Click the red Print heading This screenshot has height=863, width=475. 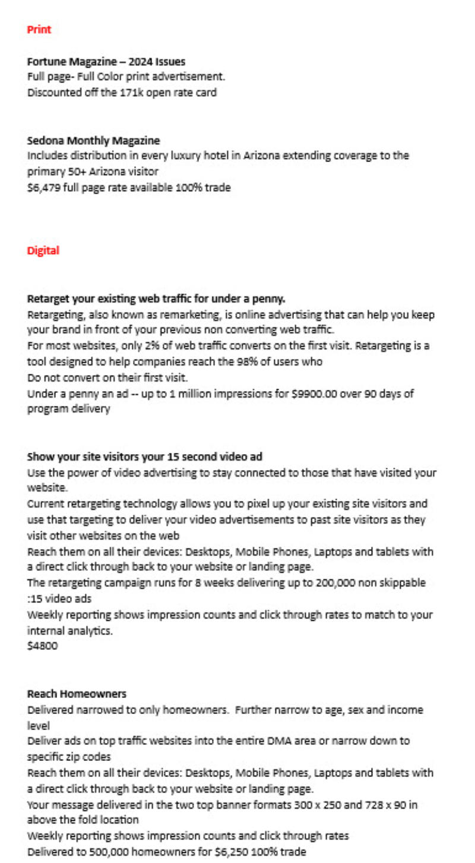coord(39,30)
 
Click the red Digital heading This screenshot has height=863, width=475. coord(43,250)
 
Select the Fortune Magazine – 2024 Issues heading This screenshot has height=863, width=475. coord(106,61)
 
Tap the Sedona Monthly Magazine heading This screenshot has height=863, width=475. coord(93,141)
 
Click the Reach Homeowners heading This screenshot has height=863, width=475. coord(77,693)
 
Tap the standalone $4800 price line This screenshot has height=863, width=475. coord(43,646)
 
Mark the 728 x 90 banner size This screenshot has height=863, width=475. coord(365,805)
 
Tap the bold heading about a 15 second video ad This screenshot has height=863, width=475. coord(145,457)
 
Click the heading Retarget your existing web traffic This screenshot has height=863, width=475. coord(156,299)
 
